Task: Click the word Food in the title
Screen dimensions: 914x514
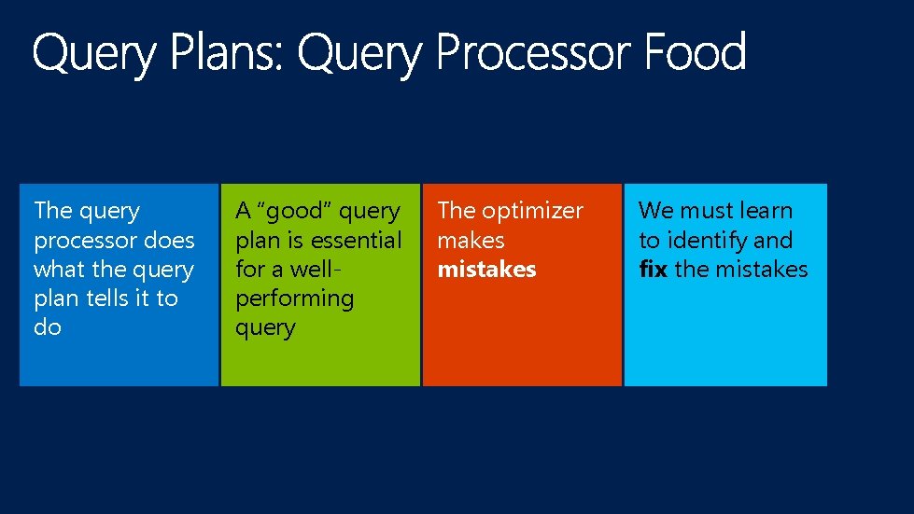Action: tap(695, 53)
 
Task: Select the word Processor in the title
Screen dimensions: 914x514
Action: tap(536, 53)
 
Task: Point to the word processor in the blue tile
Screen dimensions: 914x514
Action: tap(77, 241)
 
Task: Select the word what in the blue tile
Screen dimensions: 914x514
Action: tap(60, 270)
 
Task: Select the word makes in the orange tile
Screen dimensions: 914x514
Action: tap(471, 241)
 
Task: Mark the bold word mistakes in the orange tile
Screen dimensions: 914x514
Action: tap(486, 270)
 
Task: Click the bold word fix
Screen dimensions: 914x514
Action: tap(653, 270)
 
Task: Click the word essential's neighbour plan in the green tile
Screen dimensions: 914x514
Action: tap(256, 241)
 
